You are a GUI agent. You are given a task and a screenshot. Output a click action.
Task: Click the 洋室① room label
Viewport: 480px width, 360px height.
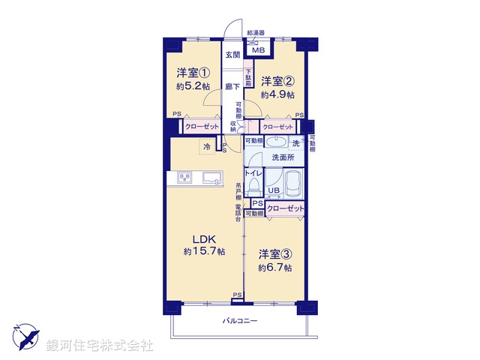(193, 73)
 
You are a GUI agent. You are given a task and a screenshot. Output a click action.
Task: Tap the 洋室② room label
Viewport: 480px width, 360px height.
(277, 80)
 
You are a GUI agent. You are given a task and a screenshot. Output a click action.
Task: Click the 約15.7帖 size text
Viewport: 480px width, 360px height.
(205, 251)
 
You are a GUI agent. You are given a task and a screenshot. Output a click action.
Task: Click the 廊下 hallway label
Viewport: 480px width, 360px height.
(232, 87)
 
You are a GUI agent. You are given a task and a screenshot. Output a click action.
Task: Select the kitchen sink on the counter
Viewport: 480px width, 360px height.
(209, 178)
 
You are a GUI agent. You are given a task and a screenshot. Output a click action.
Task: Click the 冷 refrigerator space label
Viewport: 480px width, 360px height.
(204, 146)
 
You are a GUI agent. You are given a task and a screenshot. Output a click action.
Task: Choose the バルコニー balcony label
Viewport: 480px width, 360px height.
(240, 321)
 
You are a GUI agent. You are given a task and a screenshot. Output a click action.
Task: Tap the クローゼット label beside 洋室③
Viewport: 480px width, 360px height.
(286, 208)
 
